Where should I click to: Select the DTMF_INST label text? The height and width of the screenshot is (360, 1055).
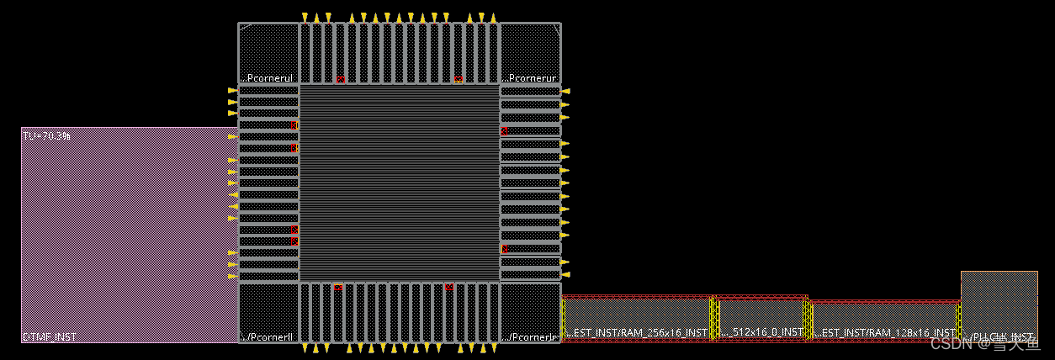[x=50, y=336]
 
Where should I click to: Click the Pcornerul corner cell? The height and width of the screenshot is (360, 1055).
[x=268, y=54]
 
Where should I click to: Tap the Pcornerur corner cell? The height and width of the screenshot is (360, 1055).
[x=530, y=54]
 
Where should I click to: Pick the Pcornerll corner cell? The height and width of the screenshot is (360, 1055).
[x=268, y=312]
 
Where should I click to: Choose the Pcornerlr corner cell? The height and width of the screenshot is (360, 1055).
[x=530, y=312]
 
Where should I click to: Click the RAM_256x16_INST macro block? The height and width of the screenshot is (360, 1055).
[x=637, y=319]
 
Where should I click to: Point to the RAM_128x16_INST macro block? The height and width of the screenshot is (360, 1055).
[x=884, y=321]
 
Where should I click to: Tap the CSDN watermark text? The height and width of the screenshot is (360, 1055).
[x=985, y=342]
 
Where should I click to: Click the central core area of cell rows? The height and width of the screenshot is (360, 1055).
[x=400, y=183]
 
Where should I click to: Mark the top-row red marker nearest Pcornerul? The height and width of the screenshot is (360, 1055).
[x=340, y=80]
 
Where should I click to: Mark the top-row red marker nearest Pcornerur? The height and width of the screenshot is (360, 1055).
[x=458, y=80]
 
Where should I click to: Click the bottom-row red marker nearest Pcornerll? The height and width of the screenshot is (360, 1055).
[x=338, y=288]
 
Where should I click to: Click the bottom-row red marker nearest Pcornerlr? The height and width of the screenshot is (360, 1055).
[x=449, y=288]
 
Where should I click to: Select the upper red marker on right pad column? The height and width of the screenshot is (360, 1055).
[x=504, y=131]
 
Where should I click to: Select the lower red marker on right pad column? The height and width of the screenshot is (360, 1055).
[x=504, y=249]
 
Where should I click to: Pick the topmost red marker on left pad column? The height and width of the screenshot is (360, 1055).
[x=294, y=124]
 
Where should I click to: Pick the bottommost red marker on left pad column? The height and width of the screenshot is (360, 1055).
[x=294, y=241]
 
